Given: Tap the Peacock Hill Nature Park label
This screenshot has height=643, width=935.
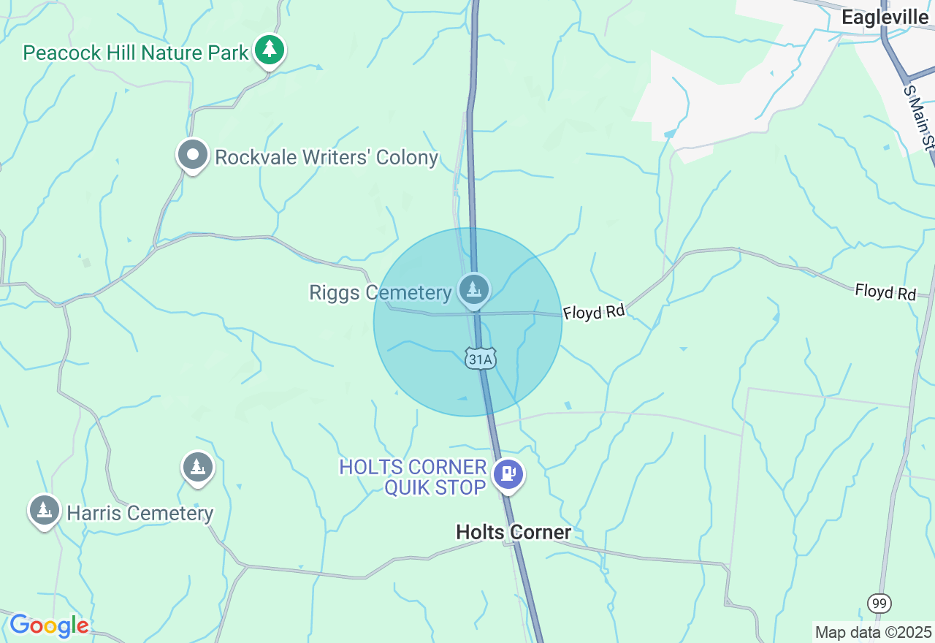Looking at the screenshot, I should [x=136, y=53].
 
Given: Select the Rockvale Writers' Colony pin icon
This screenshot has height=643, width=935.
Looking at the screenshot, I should [x=193, y=155].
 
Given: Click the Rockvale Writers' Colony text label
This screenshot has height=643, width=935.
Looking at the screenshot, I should [x=327, y=157].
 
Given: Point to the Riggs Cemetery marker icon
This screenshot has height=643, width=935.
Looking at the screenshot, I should [x=474, y=289].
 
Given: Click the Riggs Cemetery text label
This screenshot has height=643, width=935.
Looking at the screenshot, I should [x=381, y=293].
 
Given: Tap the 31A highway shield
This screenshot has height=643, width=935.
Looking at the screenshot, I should [x=481, y=358].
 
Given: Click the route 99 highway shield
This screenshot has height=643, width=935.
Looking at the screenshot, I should [x=879, y=604].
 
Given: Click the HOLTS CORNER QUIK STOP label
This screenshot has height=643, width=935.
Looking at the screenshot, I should [x=413, y=477].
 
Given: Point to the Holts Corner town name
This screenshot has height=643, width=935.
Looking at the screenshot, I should [x=514, y=532].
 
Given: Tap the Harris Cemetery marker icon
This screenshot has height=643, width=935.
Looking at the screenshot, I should [x=45, y=510].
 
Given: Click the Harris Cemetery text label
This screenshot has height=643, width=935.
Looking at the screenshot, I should [x=140, y=513].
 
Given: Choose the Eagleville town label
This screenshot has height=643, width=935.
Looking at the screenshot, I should [x=888, y=18].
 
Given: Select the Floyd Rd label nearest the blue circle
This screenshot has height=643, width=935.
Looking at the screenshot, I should [x=594, y=312].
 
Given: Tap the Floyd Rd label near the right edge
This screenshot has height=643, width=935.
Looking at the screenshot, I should [x=885, y=292].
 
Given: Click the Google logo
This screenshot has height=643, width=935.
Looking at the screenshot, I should [x=49, y=625].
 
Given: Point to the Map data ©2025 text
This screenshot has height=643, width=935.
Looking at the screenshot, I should [x=873, y=632].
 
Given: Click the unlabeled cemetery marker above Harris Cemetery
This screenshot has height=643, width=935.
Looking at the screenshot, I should [x=197, y=466].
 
